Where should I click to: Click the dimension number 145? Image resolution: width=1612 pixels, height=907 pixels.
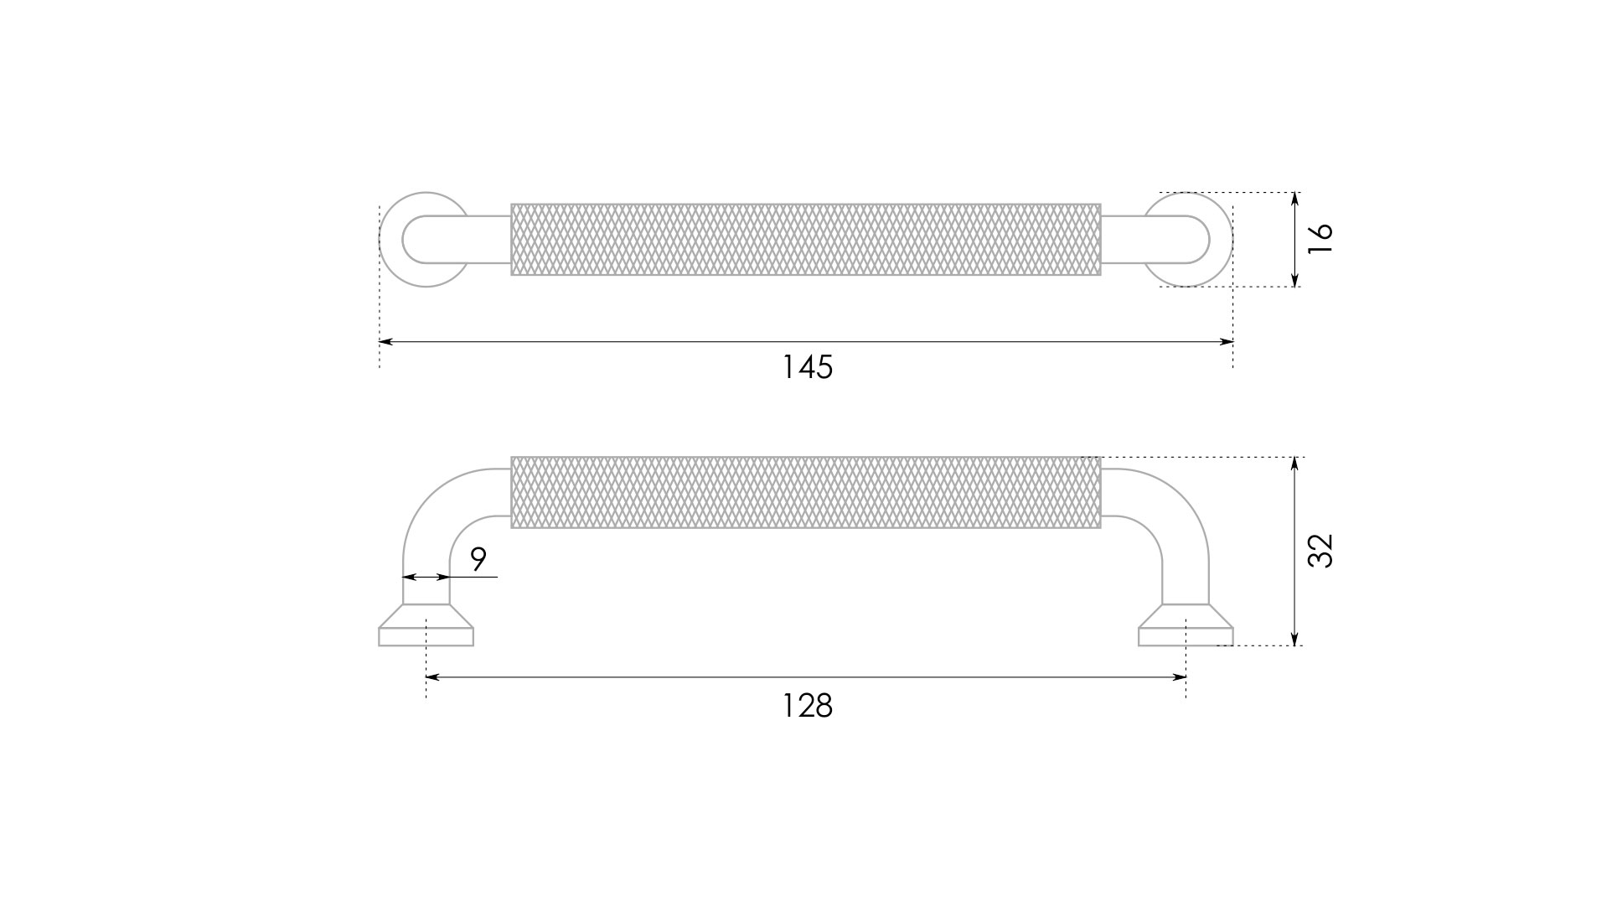coord(807,367)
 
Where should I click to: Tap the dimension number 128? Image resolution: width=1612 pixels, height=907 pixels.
coord(807,706)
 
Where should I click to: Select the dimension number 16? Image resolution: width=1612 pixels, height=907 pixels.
coord(1320,239)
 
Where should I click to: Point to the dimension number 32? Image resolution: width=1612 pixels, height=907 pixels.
coord(1320,551)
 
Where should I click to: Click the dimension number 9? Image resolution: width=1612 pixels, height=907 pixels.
coord(478,559)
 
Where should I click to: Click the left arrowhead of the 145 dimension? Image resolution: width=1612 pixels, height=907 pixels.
coord(385,342)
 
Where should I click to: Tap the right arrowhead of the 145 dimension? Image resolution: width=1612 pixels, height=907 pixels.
coord(1226,342)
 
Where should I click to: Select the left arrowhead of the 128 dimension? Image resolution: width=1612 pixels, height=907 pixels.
coord(433,677)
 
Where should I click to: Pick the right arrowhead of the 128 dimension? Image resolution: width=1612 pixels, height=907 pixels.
coord(1180,677)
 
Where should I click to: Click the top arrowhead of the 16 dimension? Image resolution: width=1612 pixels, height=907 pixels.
coord(1295,200)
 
